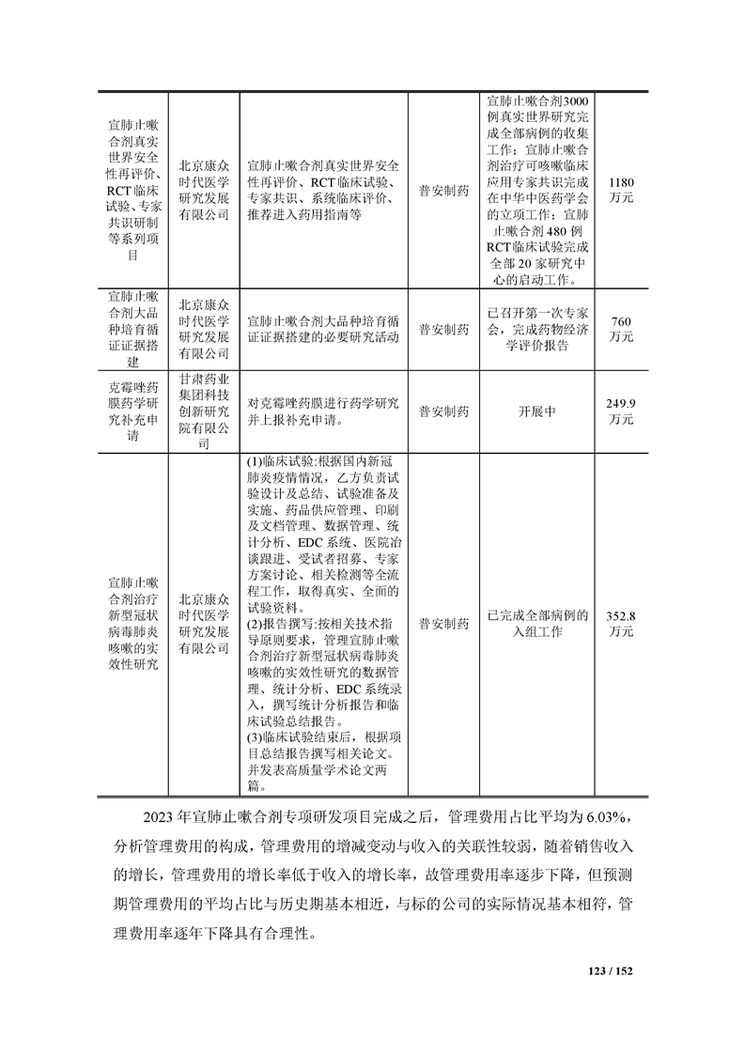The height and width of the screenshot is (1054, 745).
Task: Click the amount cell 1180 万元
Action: pyautogui.click(x=621, y=189)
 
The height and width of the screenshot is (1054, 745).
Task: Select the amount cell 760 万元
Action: pyautogui.click(x=621, y=328)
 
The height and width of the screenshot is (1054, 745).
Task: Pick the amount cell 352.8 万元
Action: pyautogui.click(x=621, y=624)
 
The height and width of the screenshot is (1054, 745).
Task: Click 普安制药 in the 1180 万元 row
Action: pyautogui.click(x=442, y=189)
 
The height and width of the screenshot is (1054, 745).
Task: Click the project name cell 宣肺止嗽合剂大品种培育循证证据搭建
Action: pyautogui.click(x=134, y=328)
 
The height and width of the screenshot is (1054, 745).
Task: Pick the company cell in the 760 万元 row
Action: pyautogui.click(x=204, y=328)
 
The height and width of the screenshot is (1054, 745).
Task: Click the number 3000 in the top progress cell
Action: pyautogui.click(x=572, y=101)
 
